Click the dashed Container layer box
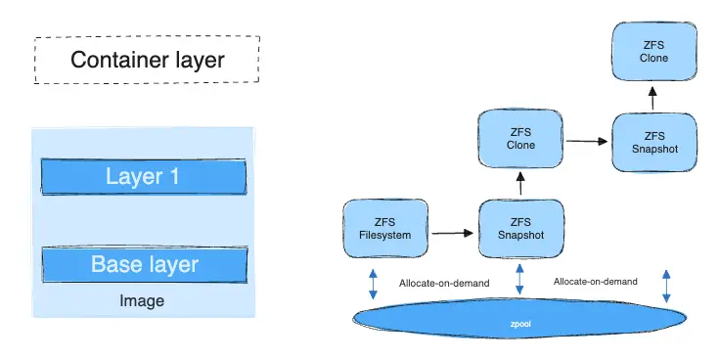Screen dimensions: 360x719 tap(147, 60)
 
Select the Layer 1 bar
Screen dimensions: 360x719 tap(143, 177)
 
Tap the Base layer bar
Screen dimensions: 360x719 tap(144, 263)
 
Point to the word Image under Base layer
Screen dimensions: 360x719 tap(142, 301)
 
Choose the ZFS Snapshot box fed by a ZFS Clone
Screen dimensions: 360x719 tap(654, 141)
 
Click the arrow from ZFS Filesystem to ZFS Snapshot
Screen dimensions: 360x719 tap(451, 233)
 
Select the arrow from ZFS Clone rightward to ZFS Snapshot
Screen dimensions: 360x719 tap(586, 141)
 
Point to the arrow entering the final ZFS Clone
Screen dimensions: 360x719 tap(654, 95)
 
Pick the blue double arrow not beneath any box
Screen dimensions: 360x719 tap(666, 285)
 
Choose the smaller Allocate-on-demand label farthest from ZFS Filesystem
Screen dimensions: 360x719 tap(595, 281)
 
